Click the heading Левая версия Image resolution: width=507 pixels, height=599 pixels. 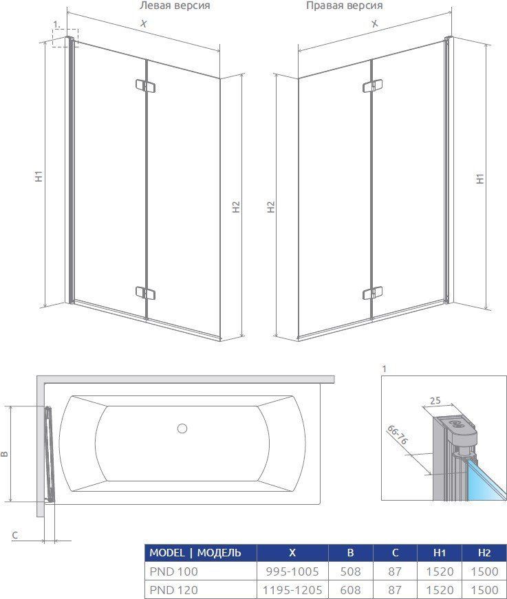click(175, 6)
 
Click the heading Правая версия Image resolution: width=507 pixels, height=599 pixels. click(344, 6)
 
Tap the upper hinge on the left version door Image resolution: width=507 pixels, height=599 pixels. click(146, 86)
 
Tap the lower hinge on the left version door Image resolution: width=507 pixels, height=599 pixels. click(146, 293)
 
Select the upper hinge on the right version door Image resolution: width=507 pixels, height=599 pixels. click(373, 86)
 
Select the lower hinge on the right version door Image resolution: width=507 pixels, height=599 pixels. click(373, 293)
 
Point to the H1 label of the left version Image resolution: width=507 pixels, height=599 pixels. click(39, 175)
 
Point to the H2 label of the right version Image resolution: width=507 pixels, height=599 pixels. click(271, 207)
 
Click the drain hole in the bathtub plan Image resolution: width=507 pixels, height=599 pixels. click(182, 428)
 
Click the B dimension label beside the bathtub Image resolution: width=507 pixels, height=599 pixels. click(4, 454)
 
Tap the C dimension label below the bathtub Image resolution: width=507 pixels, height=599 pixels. click(15, 535)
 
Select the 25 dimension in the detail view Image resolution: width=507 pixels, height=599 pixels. click(435, 401)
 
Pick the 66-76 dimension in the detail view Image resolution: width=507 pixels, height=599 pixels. click(398, 435)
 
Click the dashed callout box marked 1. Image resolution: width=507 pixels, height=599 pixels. click(65, 38)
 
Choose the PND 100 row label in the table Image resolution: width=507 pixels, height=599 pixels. click(174, 571)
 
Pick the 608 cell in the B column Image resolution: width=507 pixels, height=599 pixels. click(350, 589)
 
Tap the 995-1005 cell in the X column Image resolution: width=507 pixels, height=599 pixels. click(292, 571)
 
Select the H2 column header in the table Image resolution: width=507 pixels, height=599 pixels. click(484, 553)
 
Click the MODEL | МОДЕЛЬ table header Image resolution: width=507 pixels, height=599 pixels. click(195, 553)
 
